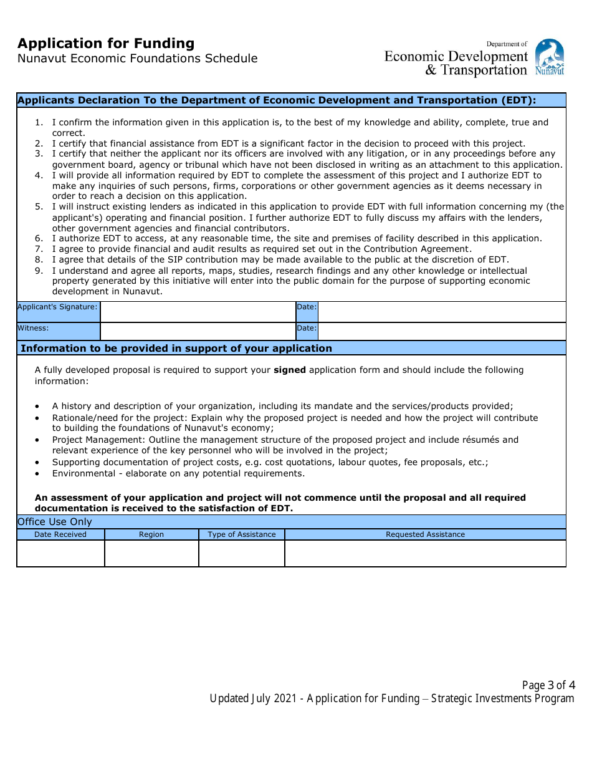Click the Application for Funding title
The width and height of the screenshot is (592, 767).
click(x=106, y=44)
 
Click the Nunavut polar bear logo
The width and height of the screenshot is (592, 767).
click(x=550, y=57)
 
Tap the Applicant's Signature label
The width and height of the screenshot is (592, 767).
click(x=58, y=307)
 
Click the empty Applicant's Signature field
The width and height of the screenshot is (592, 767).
click(x=198, y=312)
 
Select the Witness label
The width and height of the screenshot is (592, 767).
click(x=33, y=328)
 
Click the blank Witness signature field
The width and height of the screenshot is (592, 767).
click(x=198, y=331)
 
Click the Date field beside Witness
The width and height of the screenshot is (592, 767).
click(x=441, y=331)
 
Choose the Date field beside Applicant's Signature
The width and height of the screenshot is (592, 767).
click(x=441, y=312)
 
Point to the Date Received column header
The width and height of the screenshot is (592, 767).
click(x=60, y=534)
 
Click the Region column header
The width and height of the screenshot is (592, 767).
click(x=151, y=534)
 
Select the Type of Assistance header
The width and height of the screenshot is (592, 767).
click(x=242, y=534)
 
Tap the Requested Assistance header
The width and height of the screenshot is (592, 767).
click(x=425, y=534)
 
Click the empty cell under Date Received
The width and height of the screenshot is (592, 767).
click(x=60, y=553)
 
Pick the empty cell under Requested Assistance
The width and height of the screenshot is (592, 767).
click(x=425, y=553)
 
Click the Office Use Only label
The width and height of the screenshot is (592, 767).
click(x=55, y=522)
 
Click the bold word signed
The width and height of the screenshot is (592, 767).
click(x=290, y=370)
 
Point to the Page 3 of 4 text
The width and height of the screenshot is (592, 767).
click(x=548, y=685)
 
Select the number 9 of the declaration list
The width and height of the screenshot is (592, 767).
click(x=39, y=271)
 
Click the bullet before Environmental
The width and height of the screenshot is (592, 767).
click(x=38, y=474)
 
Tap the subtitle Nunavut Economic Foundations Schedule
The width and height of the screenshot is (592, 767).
click(x=137, y=59)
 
